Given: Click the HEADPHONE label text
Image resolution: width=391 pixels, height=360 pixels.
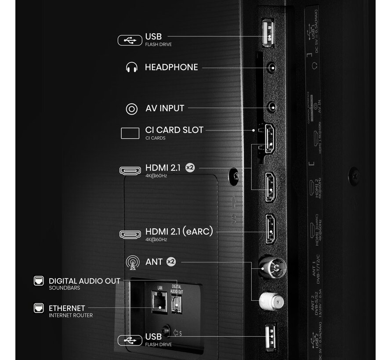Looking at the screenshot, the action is pyautogui.click(x=171, y=67).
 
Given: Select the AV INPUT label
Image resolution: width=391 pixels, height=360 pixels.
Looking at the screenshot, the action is pyautogui.click(x=165, y=108).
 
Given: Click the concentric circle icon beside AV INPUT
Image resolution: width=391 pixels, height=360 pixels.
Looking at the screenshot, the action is pyautogui.click(x=131, y=109).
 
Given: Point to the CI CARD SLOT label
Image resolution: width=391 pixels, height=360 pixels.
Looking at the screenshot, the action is pyautogui.click(x=174, y=130).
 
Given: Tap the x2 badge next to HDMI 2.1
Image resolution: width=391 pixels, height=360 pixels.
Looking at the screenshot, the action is pyautogui.click(x=190, y=168).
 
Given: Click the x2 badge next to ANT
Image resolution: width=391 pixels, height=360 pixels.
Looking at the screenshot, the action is pyautogui.click(x=171, y=262).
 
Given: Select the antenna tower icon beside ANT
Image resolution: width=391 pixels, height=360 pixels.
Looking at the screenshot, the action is pyautogui.click(x=131, y=263).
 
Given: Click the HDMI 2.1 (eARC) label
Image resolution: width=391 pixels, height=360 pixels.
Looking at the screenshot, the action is pyautogui.click(x=179, y=231).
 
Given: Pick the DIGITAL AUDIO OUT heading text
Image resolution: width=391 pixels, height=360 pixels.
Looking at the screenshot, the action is pyautogui.click(x=84, y=281).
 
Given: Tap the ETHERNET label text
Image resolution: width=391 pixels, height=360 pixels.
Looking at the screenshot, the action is pyautogui.click(x=67, y=308).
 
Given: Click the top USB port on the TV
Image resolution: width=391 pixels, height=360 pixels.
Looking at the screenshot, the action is pyautogui.click(x=268, y=32).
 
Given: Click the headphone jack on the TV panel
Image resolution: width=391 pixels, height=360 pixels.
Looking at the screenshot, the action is pyautogui.click(x=272, y=68).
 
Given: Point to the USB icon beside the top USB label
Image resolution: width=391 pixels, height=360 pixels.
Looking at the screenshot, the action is pyautogui.click(x=130, y=40).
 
